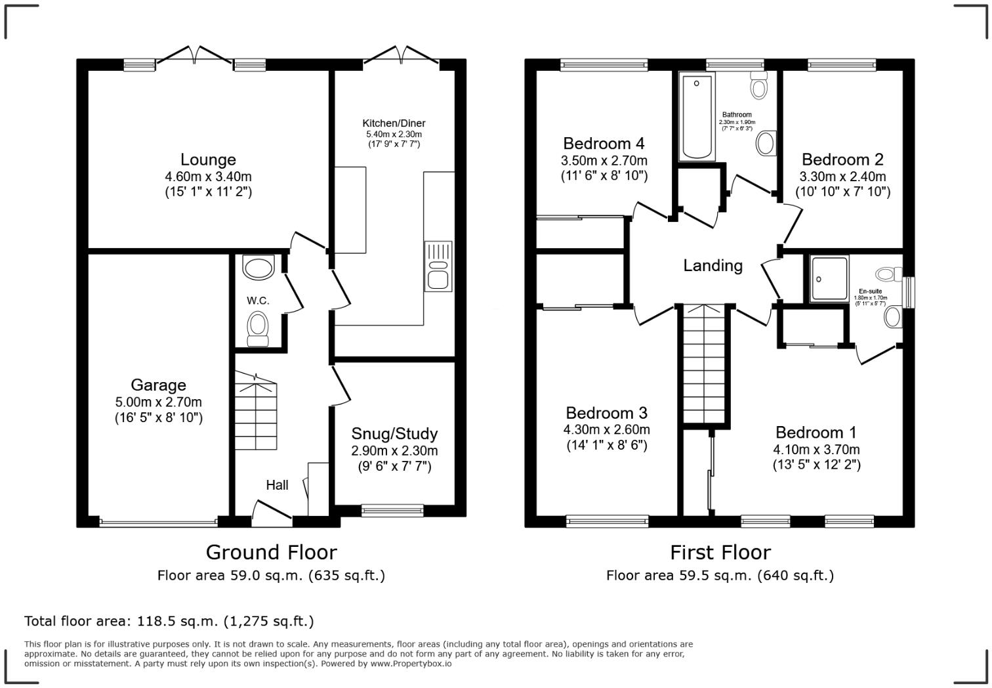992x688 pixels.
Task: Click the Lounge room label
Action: pos(208,160)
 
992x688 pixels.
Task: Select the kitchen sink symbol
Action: pos(438,266)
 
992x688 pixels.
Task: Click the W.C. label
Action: pos(258,301)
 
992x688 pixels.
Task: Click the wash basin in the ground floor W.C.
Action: pos(258,268)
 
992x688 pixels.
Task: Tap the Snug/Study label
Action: pos(394,434)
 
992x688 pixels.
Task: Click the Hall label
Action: pos(277,485)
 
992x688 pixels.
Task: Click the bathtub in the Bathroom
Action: pos(697,118)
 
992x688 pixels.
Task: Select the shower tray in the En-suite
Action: pos(829,279)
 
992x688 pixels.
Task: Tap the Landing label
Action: pos(713,265)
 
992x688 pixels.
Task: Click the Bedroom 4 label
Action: pos(604,143)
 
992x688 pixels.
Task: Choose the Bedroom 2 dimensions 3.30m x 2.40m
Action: pos(842,177)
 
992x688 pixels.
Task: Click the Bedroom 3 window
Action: pos(608,522)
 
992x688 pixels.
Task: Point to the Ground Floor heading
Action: pos(271,552)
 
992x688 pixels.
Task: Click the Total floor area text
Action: pos(169,621)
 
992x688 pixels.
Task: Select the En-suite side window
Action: pos(909,292)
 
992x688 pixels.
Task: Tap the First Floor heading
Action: pos(720,552)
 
